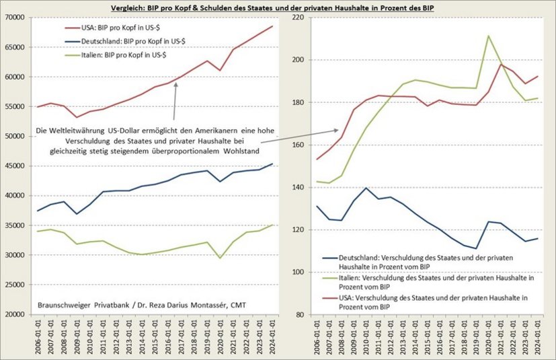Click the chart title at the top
(278, 7)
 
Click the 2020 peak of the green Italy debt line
(488, 36)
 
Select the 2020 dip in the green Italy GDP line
(219, 258)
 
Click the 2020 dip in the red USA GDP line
(219, 70)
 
